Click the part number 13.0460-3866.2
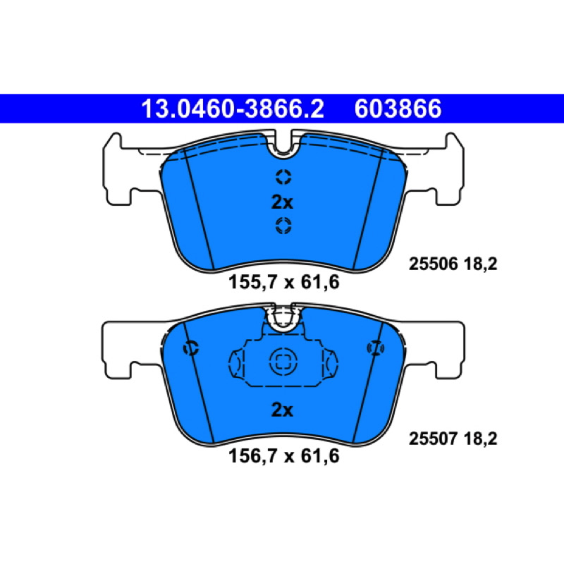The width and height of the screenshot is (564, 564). tap(233, 109)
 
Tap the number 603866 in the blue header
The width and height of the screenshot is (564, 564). tap(398, 109)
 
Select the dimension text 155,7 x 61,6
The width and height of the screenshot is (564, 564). tap(284, 282)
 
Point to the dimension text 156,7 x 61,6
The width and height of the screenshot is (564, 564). tap(284, 456)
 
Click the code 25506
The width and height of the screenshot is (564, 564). tap(433, 264)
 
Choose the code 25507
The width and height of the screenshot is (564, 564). tap(433, 439)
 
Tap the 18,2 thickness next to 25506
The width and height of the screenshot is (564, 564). tap(480, 264)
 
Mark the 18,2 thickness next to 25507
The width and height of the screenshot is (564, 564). tap(480, 439)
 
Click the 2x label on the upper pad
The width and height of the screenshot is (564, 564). tap(282, 202)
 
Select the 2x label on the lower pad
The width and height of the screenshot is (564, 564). tap(282, 410)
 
